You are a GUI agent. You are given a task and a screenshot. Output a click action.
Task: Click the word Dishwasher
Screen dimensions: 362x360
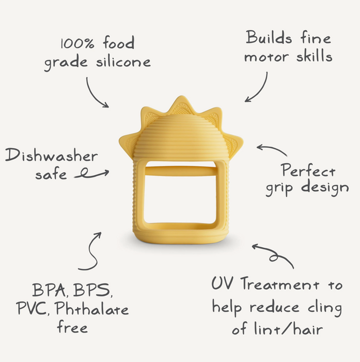click(x=52, y=156)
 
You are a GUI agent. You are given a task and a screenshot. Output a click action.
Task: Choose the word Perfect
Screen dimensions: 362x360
click(x=308, y=171)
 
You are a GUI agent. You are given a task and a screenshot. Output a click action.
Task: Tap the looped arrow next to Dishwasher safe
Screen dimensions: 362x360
click(x=91, y=175)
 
